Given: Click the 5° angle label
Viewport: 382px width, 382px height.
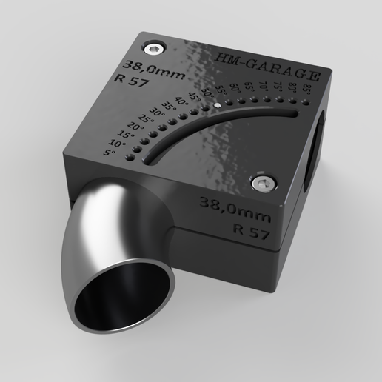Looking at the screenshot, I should click(110, 153).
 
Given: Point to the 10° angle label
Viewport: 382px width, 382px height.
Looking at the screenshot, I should click(117, 143).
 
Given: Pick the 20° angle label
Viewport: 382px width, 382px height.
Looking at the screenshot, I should click(133, 127).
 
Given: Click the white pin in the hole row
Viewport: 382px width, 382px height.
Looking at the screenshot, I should click(216, 105).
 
